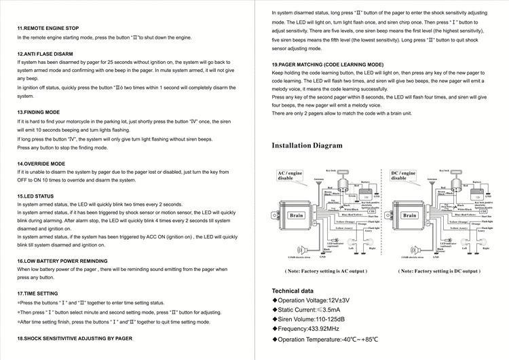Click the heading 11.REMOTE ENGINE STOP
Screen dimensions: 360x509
(x=51, y=28)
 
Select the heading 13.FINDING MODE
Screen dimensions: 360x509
(x=39, y=112)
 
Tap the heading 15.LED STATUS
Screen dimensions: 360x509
(x=35, y=196)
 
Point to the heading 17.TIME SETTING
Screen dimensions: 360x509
(x=37, y=293)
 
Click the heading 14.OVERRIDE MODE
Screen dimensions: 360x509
(x=41, y=164)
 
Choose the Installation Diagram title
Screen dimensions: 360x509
(x=307, y=145)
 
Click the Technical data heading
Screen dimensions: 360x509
(x=293, y=291)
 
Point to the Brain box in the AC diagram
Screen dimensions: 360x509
(x=297, y=215)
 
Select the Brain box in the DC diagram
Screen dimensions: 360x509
(x=409, y=215)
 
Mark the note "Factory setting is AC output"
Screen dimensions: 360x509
(x=326, y=271)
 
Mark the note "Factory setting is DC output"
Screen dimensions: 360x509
(x=439, y=271)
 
